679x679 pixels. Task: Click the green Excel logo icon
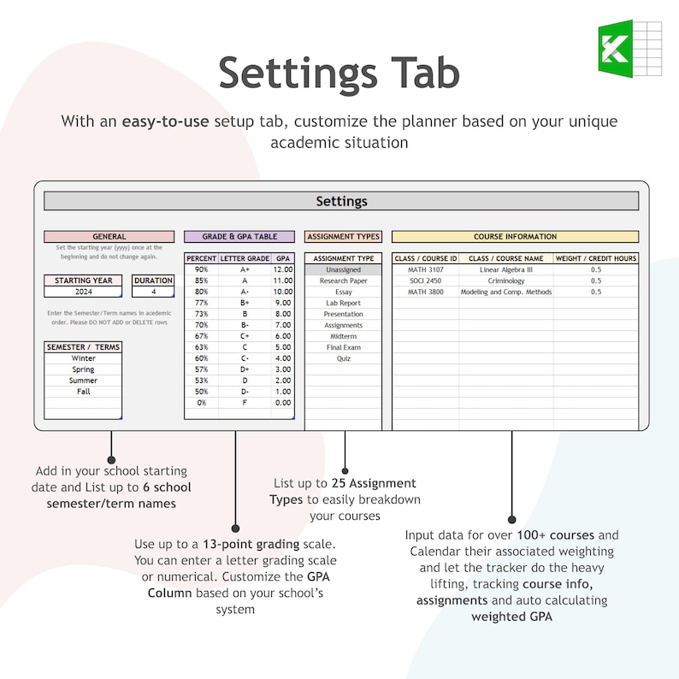(628, 49)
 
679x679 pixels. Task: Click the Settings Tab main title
(339, 73)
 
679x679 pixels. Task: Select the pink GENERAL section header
(109, 237)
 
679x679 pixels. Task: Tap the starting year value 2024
(84, 292)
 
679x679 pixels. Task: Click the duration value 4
(154, 292)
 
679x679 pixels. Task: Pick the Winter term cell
(83, 359)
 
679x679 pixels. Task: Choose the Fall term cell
(83, 392)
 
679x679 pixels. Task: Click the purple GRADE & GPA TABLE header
(239, 237)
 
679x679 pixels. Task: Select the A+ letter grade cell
(245, 269)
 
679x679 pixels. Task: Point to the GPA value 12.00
(282, 269)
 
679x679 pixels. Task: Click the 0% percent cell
(201, 403)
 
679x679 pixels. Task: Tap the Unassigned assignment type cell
(343, 269)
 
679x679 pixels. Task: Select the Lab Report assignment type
(343, 303)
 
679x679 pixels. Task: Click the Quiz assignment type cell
(343, 358)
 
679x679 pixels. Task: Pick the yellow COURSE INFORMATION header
(515, 237)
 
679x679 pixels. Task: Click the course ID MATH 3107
(425, 269)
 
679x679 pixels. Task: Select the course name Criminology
(505, 280)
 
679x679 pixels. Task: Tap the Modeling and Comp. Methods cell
(505, 292)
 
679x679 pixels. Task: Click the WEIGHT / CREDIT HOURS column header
(595, 258)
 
